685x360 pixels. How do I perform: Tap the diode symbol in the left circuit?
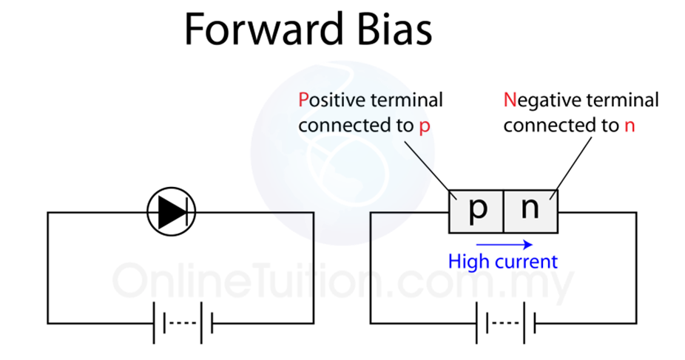tap(171, 212)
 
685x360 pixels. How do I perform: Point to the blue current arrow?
tap(504, 243)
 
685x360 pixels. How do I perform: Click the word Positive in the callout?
tap(328, 99)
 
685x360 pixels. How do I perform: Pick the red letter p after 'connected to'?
tap(424, 126)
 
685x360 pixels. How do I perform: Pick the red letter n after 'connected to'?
tap(630, 125)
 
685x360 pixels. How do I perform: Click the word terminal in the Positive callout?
tap(403, 99)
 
